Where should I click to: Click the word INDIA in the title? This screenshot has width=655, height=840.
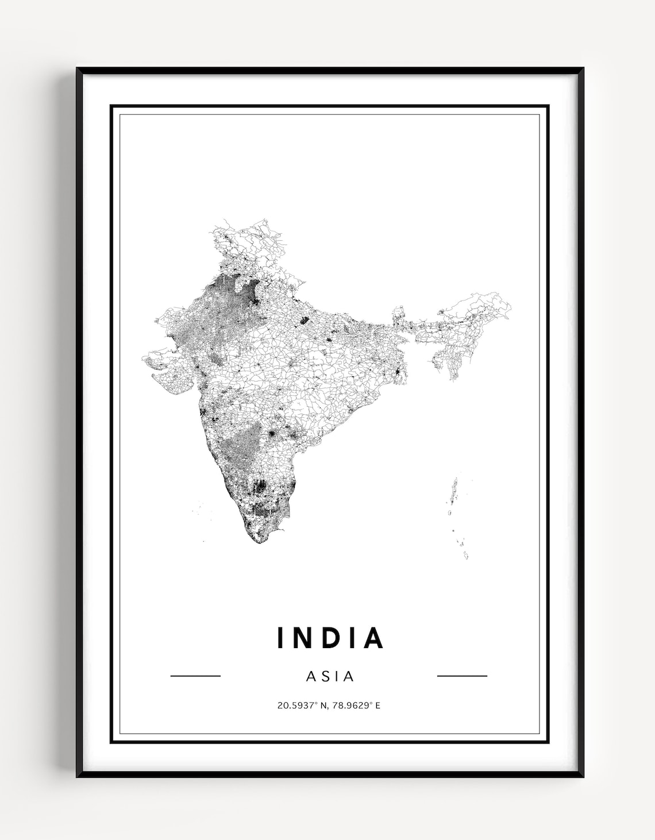pos(330,637)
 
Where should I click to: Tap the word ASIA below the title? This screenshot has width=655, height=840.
pos(330,676)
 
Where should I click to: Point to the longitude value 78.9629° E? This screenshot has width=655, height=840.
pos(356,705)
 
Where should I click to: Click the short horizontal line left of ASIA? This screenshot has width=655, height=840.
pos(195,676)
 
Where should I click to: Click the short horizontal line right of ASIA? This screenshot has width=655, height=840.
pos(462,676)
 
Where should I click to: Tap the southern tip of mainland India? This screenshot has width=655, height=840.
pos(259,541)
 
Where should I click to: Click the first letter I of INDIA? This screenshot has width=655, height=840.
pos(280,637)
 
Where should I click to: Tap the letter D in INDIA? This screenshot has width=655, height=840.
pos(328,637)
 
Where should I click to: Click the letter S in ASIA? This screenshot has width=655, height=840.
pos(323,676)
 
